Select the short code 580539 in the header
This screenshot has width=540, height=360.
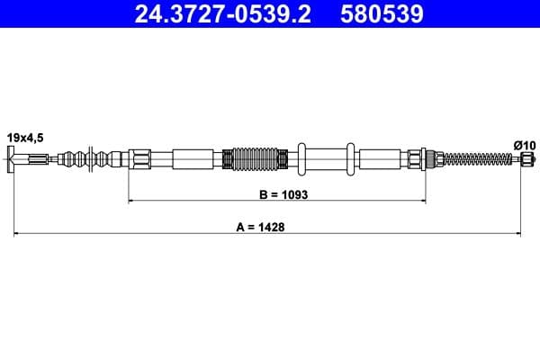(x=380, y=14)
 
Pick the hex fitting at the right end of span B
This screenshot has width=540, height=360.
(x=416, y=160)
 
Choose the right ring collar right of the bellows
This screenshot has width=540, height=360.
(x=351, y=160)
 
